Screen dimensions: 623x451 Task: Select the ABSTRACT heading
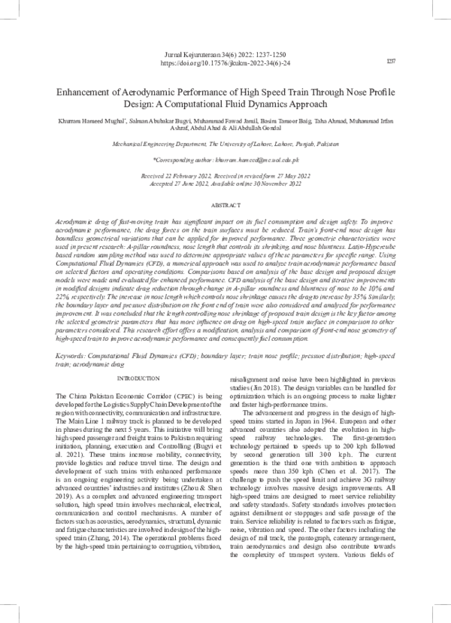click(x=225, y=183)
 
